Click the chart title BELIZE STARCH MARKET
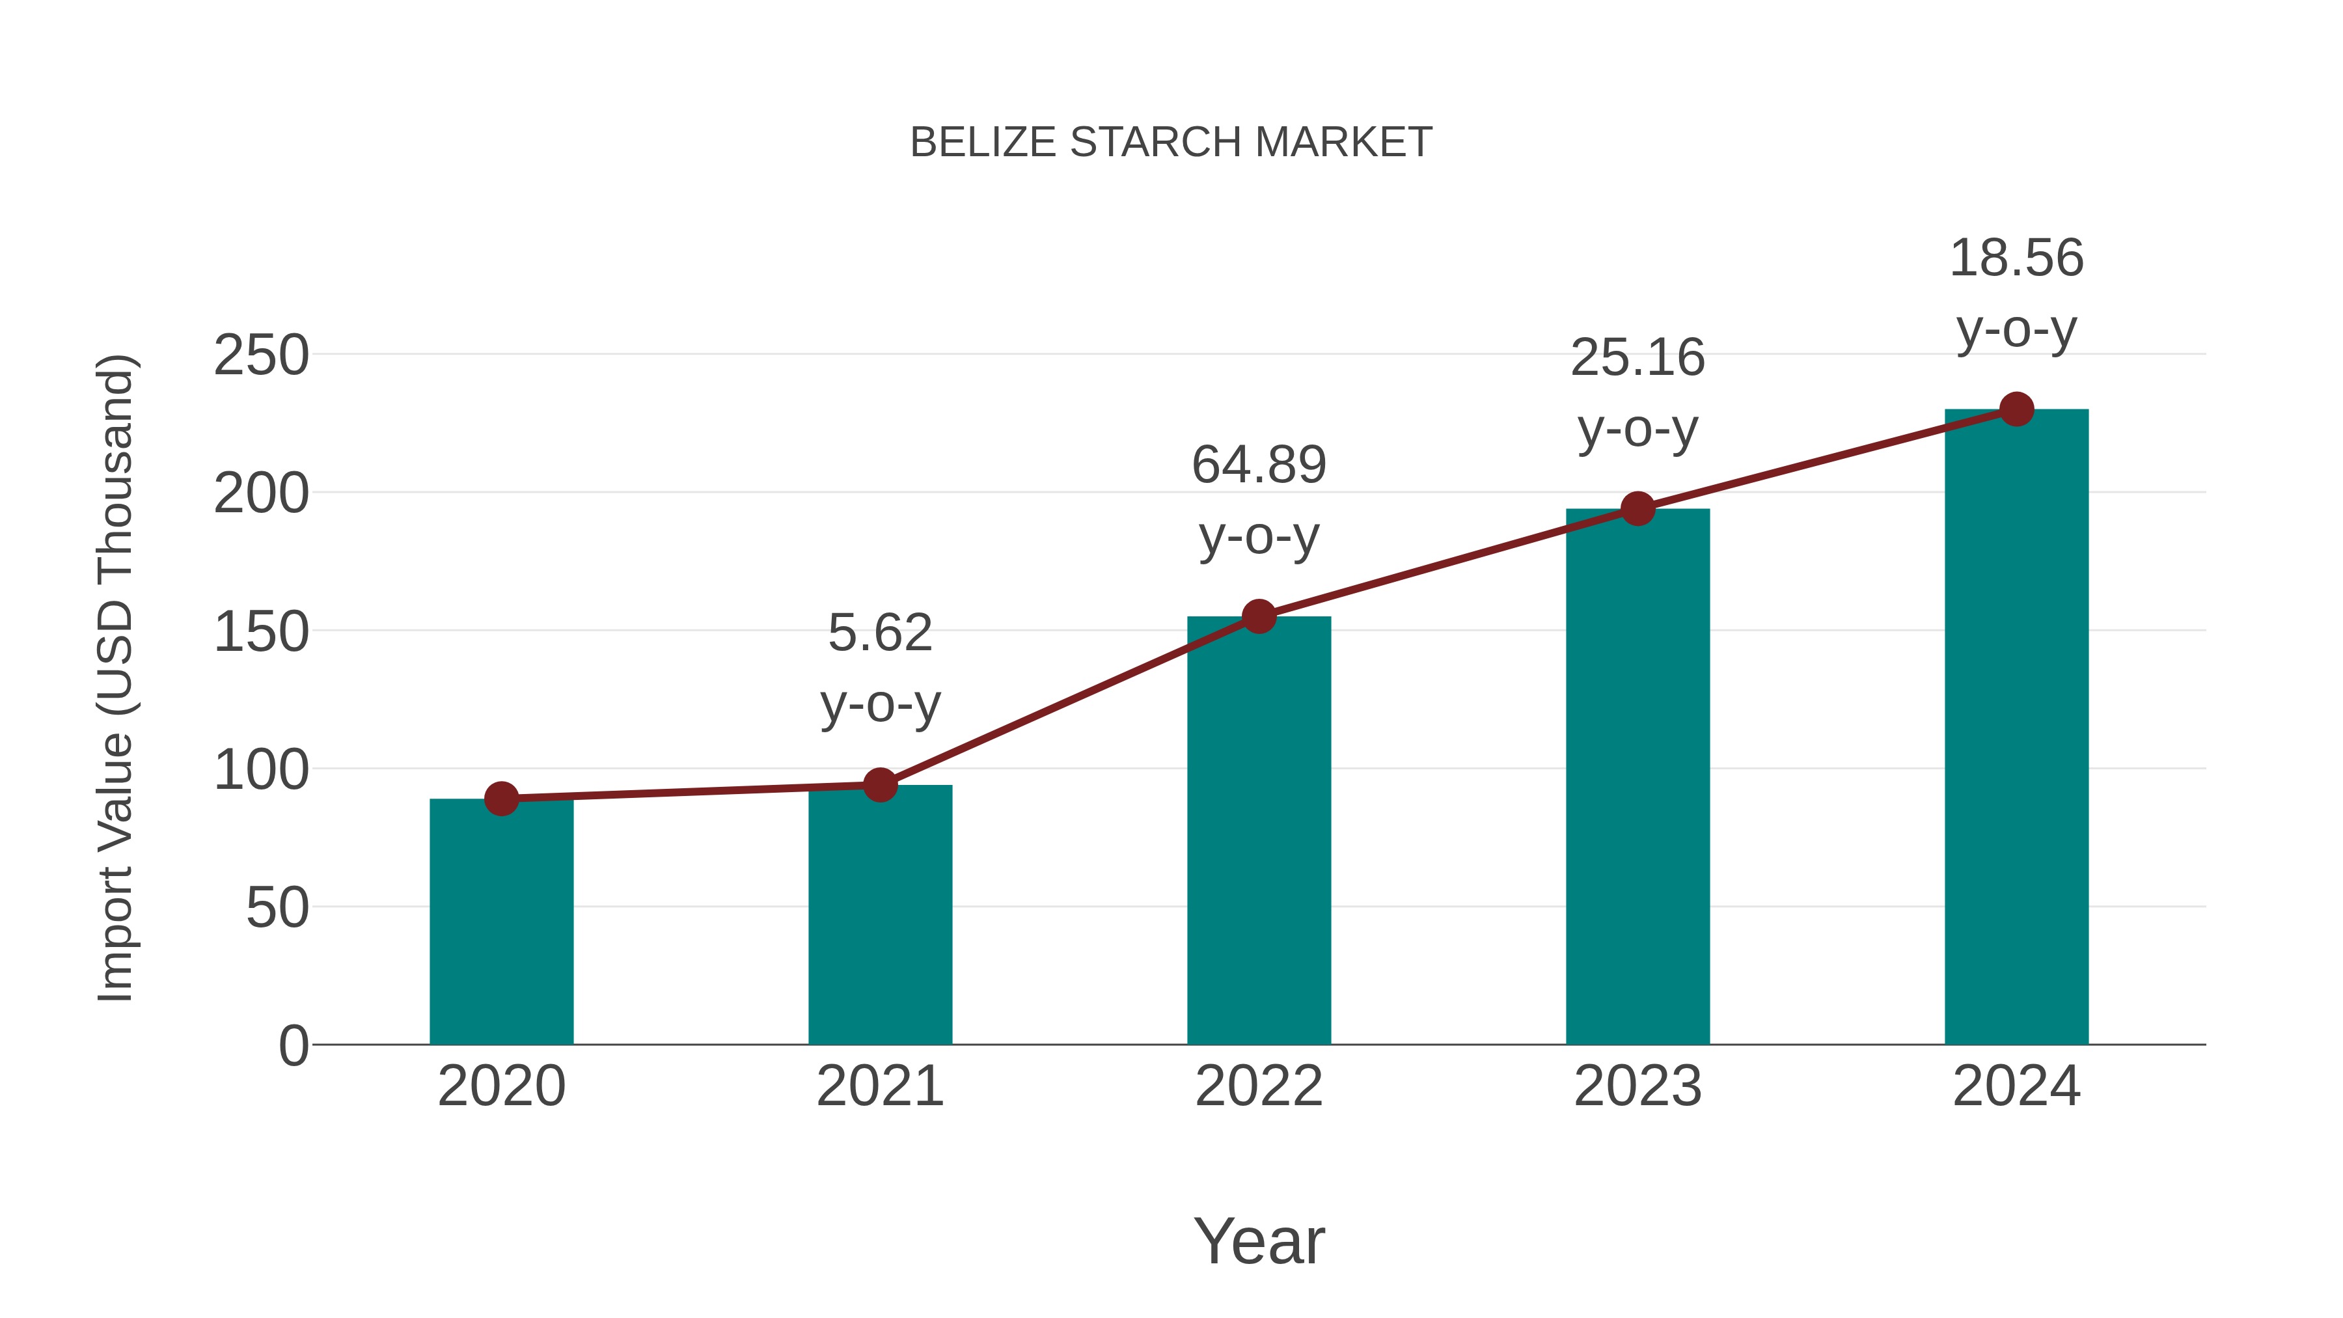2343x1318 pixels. coord(1171,143)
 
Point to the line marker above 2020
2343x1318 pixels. coord(501,799)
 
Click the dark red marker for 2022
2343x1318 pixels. coord(1259,617)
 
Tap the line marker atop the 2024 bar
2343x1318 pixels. coord(2016,409)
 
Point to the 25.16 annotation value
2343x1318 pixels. coord(1637,357)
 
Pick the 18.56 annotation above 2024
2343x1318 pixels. coord(2016,258)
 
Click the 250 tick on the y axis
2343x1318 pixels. coord(261,355)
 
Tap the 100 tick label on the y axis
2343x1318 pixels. coord(261,771)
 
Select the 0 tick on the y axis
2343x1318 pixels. coord(293,1046)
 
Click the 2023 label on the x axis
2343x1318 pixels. coord(1637,1086)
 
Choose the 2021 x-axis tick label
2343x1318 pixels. coord(879,1086)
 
